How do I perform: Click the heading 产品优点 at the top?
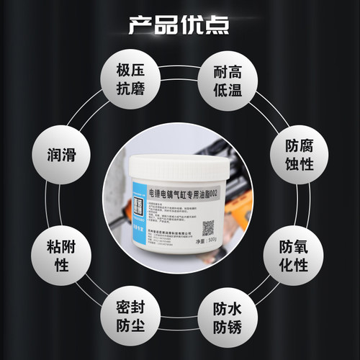pos(179,23)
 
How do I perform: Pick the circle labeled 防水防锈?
pos(229,318)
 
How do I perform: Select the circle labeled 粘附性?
pos(62,256)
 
